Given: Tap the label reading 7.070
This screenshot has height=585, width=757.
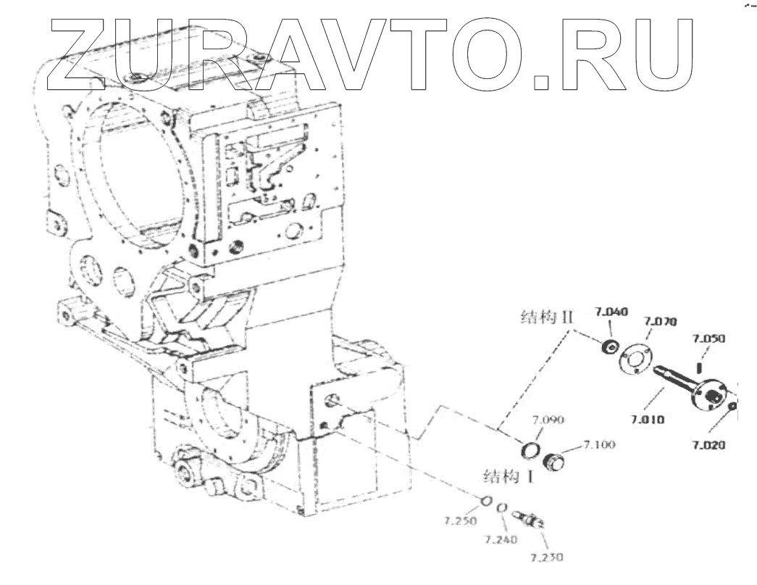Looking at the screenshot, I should pyautogui.click(x=659, y=320).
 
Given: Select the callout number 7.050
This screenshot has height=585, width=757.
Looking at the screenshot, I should pyautogui.click(x=708, y=339).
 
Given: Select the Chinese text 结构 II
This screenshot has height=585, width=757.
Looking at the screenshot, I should pyautogui.click(x=547, y=317).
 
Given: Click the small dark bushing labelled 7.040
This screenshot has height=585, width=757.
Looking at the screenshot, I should pyautogui.click(x=611, y=348).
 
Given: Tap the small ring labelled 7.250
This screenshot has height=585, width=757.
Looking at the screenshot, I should pyautogui.click(x=487, y=499).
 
